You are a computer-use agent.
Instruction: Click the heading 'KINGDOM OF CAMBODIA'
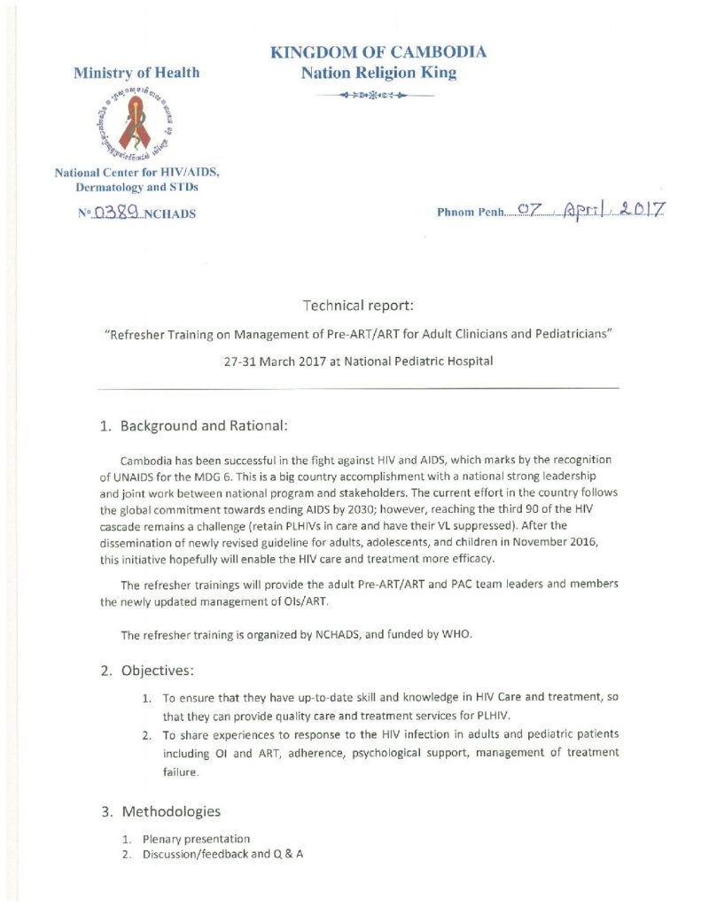click(378, 52)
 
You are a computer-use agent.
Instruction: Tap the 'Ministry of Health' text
click(136, 73)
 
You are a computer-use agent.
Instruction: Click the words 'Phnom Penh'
click(470, 213)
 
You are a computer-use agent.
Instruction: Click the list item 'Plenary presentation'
click(196, 839)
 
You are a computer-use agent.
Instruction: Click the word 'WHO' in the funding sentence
click(392, 634)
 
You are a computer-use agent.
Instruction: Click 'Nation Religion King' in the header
click(378, 74)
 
